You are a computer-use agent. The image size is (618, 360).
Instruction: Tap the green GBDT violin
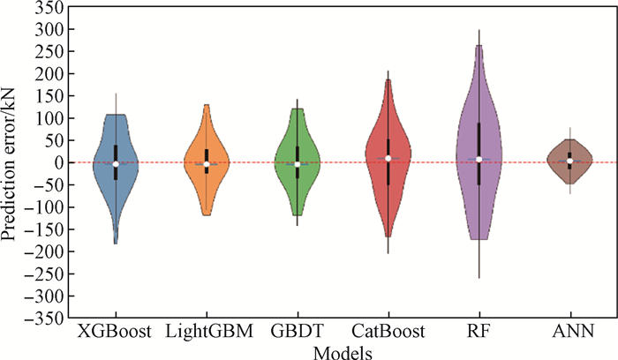point(285,150)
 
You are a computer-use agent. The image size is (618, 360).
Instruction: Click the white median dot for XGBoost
point(116,163)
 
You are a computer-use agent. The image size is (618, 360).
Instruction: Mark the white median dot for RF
point(479,160)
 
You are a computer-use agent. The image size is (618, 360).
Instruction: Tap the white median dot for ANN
point(569,161)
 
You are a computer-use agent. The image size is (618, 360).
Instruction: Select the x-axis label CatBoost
point(388,332)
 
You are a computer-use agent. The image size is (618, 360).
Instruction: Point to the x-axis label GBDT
point(297,332)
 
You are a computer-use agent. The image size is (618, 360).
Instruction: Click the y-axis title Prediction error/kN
point(11,163)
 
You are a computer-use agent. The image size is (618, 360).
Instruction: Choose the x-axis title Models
point(343,351)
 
